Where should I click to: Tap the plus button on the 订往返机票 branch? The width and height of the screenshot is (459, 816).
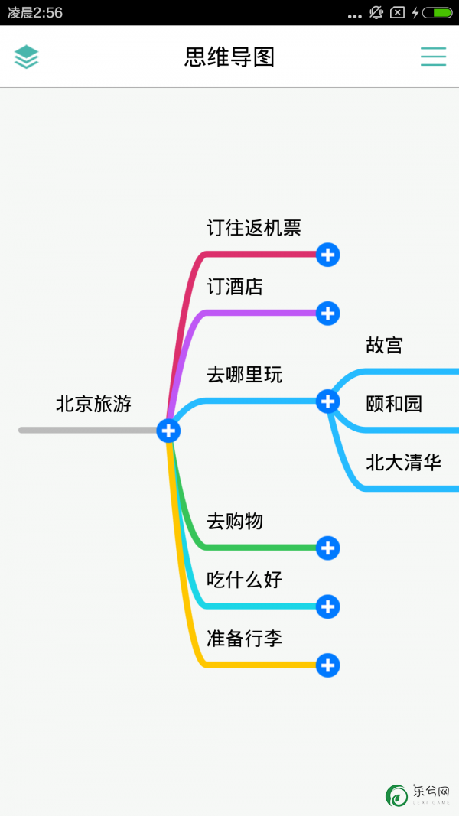pyautogui.click(x=328, y=255)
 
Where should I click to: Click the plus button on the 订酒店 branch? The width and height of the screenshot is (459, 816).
pyautogui.click(x=328, y=314)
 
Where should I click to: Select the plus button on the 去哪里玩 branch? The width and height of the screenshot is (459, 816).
pyautogui.click(x=328, y=401)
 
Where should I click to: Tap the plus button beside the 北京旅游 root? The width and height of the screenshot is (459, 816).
pyautogui.click(x=168, y=431)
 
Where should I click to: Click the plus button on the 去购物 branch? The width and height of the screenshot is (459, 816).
pyautogui.click(x=328, y=548)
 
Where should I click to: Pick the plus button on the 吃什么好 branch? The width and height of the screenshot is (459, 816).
pyautogui.click(x=328, y=606)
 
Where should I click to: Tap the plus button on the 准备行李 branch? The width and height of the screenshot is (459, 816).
pyautogui.click(x=328, y=665)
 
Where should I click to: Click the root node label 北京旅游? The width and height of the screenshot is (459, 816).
pyautogui.click(x=93, y=404)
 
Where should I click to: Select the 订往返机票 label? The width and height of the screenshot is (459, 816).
pyautogui.click(x=254, y=228)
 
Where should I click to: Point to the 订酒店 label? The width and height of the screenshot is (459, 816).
pyautogui.click(x=235, y=287)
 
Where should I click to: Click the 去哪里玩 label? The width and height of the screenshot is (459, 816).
pyautogui.click(x=245, y=375)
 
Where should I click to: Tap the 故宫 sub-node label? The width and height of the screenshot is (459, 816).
pyautogui.click(x=385, y=345)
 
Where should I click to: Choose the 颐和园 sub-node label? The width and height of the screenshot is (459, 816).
pyautogui.click(x=394, y=404)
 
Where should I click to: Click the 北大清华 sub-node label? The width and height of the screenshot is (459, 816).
pyautogui.click(x=404, y=463)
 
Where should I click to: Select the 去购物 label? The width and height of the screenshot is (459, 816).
pyautogui.click(x=235, y=521)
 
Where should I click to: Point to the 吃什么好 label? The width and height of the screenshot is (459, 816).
pyautogui.click(x=245, y=580)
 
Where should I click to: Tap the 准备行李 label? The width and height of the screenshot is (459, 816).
pyautogui.click(x=245, y=639)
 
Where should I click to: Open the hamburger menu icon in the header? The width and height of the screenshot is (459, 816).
pyautogui.click(x=434, y=57)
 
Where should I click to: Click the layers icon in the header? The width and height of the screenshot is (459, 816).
pyautogui.click(x=27, y=57)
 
